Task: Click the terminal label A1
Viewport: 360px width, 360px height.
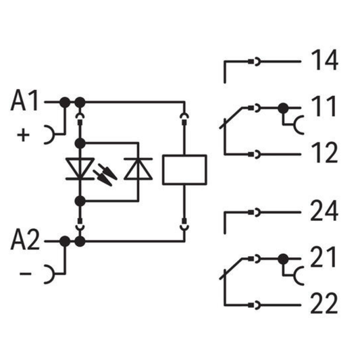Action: click(x=24, y=101)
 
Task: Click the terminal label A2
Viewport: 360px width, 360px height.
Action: click(x=25, y=240)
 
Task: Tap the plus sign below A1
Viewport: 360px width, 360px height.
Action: click(x=24, y=135)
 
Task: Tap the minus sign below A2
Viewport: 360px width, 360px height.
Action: click(x=26, y=274)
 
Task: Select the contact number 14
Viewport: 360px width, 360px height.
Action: click(x=324, y=59)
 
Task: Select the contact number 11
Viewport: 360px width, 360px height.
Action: click(x=324, y=107)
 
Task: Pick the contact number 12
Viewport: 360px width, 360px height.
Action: click(x=324, y=153)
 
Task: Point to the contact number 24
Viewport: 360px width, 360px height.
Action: click(x=324, y=211)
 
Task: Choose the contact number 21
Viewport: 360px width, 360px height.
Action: click(x=323, y=257)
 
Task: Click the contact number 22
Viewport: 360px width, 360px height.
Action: click(x=324, y=303)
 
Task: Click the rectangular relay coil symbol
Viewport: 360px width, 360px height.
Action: click(x=184, y=170)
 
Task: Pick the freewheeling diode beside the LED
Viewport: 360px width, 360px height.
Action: click(x=138, y=169)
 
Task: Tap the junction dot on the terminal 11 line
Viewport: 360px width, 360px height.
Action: click(x=283, y=108)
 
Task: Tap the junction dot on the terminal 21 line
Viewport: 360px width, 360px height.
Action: click(x=283, y=259)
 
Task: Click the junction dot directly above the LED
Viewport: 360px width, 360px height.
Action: click(x=80, y=143)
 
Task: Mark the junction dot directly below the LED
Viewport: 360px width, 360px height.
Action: click(x=80, y=201)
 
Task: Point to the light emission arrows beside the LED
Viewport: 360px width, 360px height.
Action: click(x=105, y=174)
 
